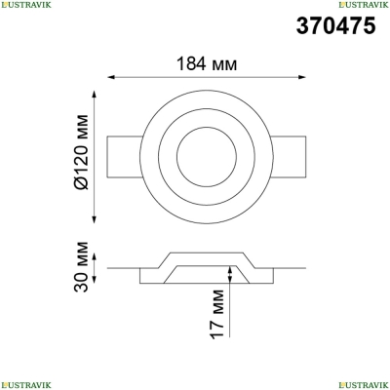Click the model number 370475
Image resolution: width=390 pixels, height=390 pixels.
(x=335, y=26)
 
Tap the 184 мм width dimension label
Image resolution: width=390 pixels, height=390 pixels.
(x=207, y=63)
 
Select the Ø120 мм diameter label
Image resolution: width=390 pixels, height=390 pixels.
(x=81, y=152)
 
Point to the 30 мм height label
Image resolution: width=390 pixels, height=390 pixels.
(x=81, y=267)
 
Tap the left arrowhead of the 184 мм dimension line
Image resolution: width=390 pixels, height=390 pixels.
(x=111, y=77)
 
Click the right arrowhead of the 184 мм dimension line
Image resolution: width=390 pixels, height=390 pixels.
(x=301, y=77)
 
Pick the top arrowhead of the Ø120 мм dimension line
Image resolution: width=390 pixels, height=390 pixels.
(x=95, y=96)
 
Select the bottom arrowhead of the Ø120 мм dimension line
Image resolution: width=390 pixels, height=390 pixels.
(x=95, y=219)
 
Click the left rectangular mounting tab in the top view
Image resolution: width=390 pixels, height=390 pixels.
(x=124, y=157)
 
